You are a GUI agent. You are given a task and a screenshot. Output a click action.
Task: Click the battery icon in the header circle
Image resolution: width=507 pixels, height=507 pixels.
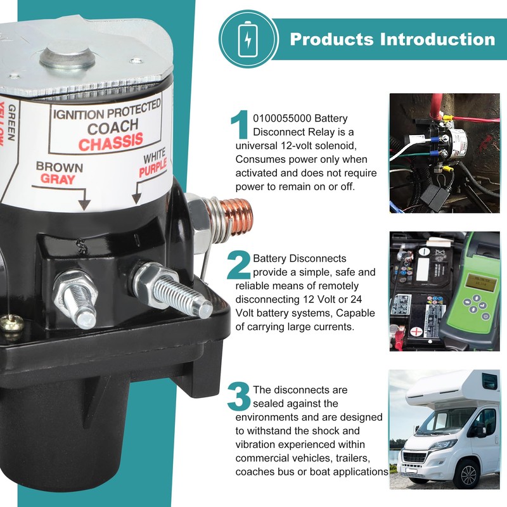point(248,39)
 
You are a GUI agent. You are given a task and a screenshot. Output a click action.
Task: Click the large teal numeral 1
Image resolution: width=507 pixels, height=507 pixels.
point(240,124)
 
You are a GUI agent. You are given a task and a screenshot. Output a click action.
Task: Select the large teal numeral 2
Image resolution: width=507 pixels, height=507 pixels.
point(239,265)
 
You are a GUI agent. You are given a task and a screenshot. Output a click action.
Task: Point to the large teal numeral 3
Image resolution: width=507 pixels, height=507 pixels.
point(239,396)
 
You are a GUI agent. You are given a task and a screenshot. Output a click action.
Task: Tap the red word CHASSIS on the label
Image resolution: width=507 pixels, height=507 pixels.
point(110,142)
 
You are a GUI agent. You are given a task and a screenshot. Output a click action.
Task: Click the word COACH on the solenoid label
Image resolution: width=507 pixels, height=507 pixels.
point(113,126)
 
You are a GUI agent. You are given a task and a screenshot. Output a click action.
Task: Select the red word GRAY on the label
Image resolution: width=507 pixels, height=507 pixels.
point(58,179)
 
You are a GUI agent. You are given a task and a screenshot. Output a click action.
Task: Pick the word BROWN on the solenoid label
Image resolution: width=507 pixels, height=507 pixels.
point(60,167)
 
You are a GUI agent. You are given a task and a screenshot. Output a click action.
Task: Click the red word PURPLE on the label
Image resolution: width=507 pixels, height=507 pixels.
point(153,168)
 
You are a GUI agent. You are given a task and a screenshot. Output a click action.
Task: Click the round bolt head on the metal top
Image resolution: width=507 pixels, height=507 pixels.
point(68,58)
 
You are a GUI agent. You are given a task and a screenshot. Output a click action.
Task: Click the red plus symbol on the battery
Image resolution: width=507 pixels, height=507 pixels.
point(417,331)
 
